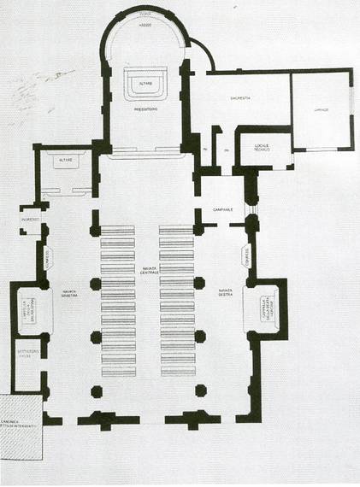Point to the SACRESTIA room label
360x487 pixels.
[239, 99]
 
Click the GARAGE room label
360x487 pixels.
[321, 110]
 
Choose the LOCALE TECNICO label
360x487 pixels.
[261, 148]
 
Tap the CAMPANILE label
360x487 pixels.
[223, 210]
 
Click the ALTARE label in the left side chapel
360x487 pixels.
[65, 160]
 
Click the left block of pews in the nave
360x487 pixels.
[118, 301]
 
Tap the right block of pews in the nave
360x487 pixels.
[176, 301]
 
